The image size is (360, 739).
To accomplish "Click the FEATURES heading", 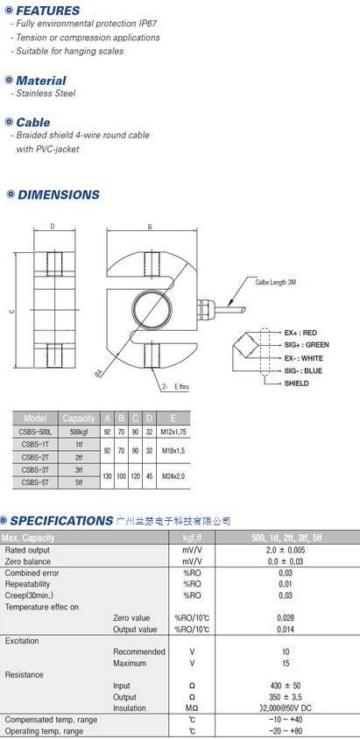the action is pyautogui.click(x=48, y=11).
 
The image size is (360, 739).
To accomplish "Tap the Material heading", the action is pyautogui.click(x=41, y=81).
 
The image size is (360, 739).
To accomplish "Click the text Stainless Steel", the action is pyautogui.click(x=46, y=94).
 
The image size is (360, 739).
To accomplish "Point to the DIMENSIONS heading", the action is pyautogui.click(x=59, y=194).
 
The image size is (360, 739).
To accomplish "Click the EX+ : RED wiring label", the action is pyautogui.click(x=300, y=333).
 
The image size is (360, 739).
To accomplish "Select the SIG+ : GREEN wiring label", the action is pyautogui.click(x=307, y=345).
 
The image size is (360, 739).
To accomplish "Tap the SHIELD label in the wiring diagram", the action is pyautogui.click(x=296, y=384).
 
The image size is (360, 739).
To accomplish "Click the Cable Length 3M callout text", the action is pyautogui.click(x=276, y=282).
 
